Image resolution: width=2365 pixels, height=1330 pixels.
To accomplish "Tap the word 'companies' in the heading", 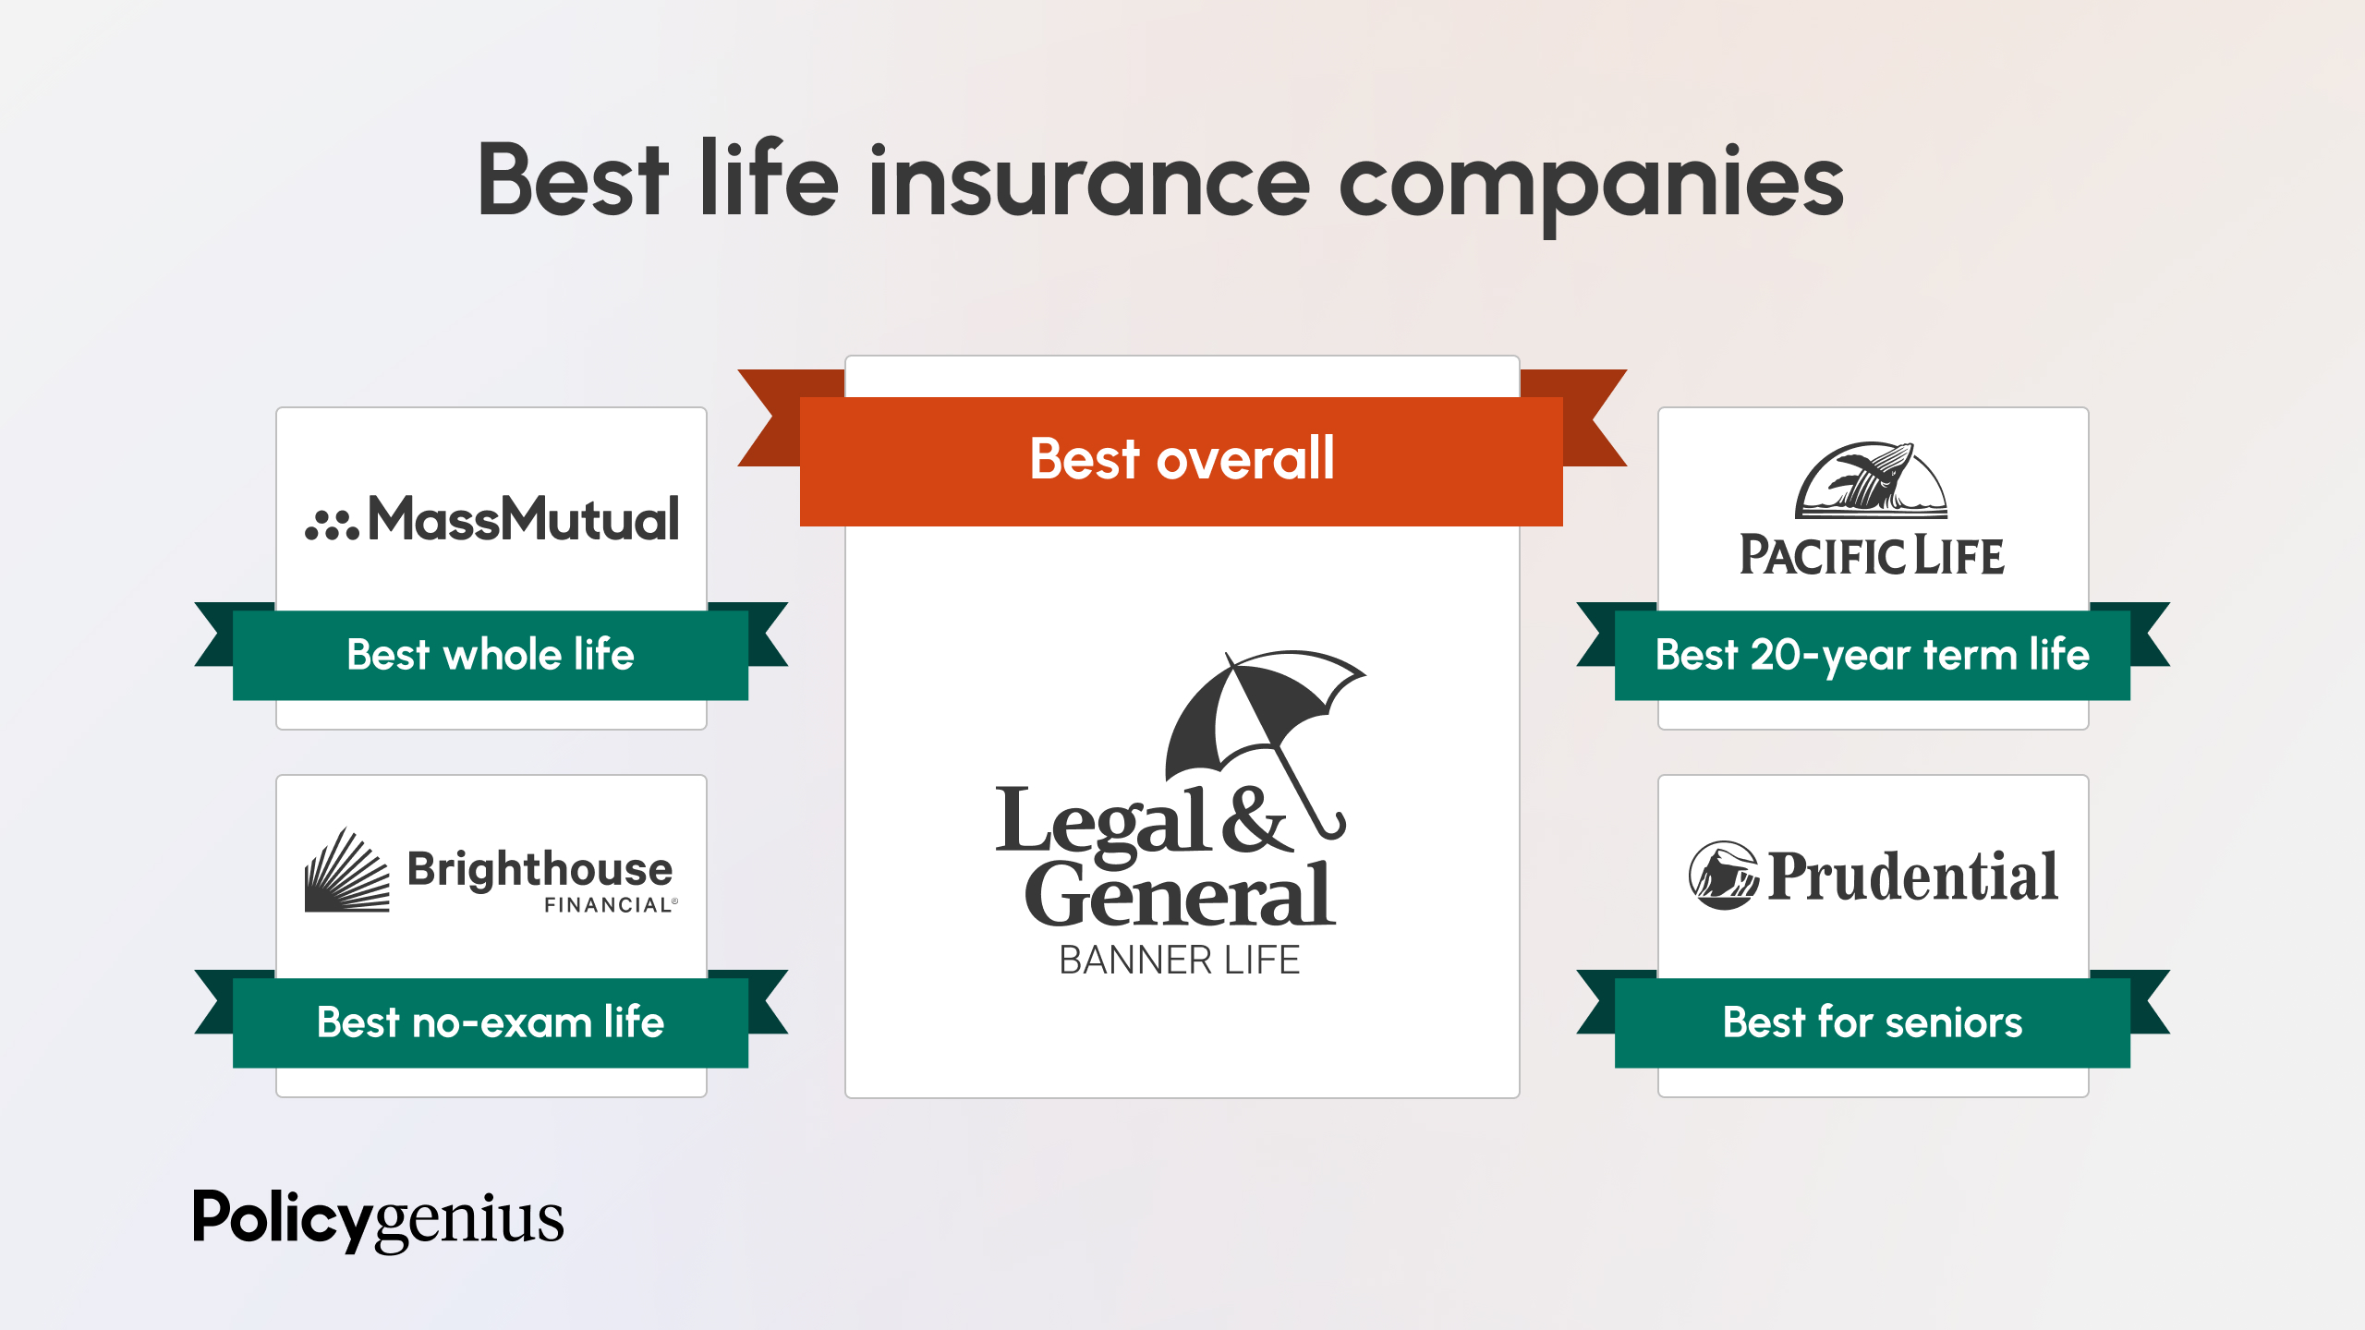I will (x=1590, y=185).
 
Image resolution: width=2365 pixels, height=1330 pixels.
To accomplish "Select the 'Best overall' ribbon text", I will (x=1182, y=459).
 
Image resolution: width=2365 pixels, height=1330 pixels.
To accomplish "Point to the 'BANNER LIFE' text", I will (x=1179, y=961).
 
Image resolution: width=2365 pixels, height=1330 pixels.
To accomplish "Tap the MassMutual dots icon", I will (x=331, y=525).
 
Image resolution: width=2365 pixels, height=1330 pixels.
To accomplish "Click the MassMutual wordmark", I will (x=524, y=519).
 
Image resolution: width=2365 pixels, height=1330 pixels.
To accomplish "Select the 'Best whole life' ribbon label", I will (x=490, y=655).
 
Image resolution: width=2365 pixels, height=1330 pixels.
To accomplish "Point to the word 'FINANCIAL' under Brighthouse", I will (x=608, y=905).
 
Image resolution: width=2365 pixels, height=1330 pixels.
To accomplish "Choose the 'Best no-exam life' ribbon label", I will (x=490, y=1022).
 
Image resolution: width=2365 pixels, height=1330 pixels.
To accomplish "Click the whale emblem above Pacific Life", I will (x=1871, y=480).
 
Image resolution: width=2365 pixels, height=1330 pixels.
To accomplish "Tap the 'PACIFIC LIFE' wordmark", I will (x=1872, y=556).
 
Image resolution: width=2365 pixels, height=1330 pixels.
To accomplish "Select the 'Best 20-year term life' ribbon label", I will (x=1872, y=655).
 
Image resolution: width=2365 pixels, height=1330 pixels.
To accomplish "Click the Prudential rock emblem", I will (x=1722, y=876).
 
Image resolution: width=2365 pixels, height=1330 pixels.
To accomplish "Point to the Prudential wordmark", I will (x=1912, y=877).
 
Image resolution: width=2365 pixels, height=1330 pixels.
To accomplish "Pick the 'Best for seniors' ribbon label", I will (x=1872, y=1022).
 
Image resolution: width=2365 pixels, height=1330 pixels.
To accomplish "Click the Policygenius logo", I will (x=378, y=1219).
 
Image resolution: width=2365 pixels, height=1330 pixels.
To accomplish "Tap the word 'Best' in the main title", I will (x=572, y=182).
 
